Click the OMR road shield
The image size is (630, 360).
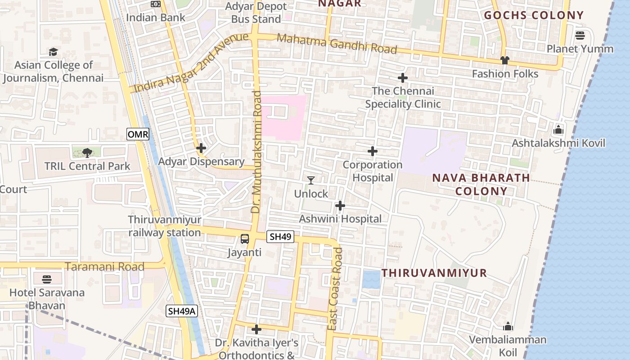coord(138,134)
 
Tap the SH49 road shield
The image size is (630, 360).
coord(280,237)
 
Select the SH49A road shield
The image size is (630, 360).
coord(182,310)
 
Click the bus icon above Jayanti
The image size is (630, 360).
coord(244,239)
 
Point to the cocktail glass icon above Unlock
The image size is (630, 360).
coord(311,180)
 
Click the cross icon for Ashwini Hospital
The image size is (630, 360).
coord(340,206)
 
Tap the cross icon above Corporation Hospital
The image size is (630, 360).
coord(372,151)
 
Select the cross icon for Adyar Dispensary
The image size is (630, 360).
coord(201,148)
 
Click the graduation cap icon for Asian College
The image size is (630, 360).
coord(54,52)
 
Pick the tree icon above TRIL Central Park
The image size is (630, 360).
coord(87,153)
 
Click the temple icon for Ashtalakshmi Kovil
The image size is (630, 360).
coord(558,130)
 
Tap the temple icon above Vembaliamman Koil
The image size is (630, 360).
coord(508,326)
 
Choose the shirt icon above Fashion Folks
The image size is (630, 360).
coord(504,60)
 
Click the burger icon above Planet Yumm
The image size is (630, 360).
coord(580,35)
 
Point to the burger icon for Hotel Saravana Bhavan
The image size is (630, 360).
coord(46,279)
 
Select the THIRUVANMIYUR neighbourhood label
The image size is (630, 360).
coord(434,273)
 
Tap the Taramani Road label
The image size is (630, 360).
coord(104,267)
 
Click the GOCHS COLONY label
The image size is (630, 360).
coord(534,15)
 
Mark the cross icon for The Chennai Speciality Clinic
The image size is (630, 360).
coord(402,78)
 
